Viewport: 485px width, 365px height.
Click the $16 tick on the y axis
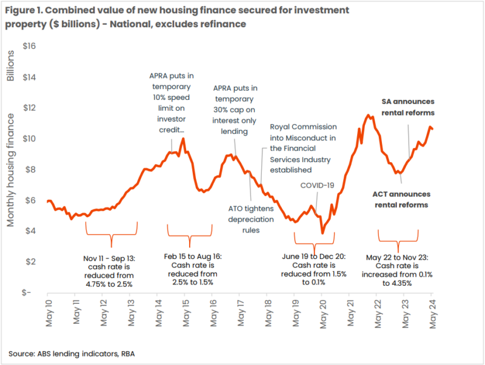(x=31, y=46)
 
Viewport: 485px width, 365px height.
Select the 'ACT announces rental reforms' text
(x=401, y=199)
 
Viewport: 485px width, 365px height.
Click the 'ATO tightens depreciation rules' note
(x=251, y=219)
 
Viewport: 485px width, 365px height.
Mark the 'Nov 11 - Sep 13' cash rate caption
(x=112, y=270)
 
